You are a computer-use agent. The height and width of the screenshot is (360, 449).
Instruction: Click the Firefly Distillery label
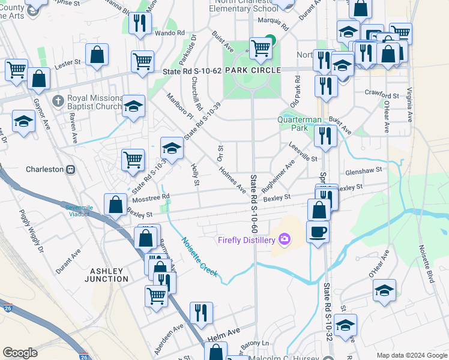click(246, 240)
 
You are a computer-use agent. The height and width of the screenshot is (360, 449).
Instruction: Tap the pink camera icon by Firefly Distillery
click(284, 240)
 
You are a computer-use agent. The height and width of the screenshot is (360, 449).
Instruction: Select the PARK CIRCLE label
click(252, 71)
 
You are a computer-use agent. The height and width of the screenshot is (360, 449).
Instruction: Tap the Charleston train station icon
click(70, 169)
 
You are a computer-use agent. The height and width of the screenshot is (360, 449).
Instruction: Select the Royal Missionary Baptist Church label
click(90, 105)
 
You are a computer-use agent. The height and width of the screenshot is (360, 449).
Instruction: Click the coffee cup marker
click(318, 230)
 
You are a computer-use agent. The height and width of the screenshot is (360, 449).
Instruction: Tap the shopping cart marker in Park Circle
click(261, 47)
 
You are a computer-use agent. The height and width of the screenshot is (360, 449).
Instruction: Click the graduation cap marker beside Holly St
click(172, 148)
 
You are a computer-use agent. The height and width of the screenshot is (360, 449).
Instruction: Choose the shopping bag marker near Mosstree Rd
click(115, 204)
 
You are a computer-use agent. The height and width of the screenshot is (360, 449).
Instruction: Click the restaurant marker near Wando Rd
click(140, 23)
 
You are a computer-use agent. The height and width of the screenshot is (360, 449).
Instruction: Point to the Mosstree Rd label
click(151, 196)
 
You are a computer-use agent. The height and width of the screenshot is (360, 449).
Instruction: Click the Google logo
click(20, 353)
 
